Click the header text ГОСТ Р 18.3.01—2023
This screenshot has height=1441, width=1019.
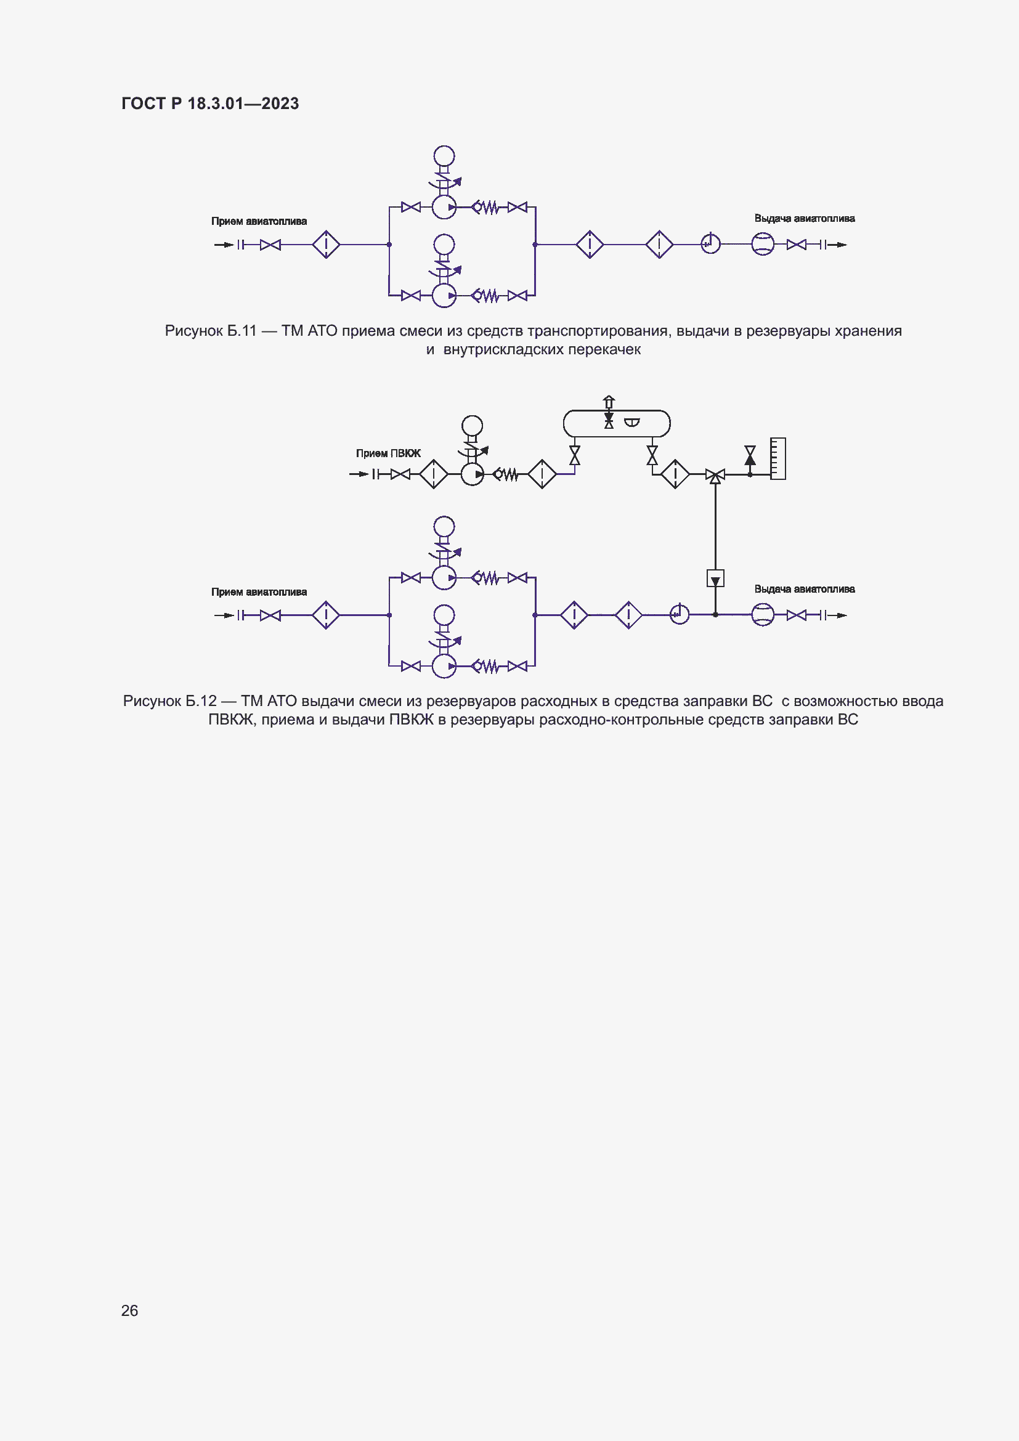(x=210, y=104)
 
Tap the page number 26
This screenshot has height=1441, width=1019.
(x=129, y=1310)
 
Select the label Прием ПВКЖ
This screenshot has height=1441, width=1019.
(x=388, y=453)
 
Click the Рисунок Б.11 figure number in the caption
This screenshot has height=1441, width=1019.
(x=211, y=331)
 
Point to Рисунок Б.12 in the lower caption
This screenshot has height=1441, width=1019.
(x=169, y=701)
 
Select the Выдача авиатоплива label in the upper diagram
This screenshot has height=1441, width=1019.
(x=804, y=219)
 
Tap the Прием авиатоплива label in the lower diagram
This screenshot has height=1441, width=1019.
(x=259, y=592)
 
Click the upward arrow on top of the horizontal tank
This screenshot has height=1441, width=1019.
(x=609, y=401)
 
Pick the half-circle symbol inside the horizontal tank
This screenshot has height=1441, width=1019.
(x=632, y=423)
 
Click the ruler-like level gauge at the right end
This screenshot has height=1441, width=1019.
(x=777, y=459)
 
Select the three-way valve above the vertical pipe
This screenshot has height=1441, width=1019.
(x=715, y=475)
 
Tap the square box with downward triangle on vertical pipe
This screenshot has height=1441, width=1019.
(x=715, y=578)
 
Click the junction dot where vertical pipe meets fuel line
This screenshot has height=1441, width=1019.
(x=715, y=615)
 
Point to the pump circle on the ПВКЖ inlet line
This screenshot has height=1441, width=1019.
(x=472, y=474)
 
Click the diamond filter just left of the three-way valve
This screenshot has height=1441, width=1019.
(x=675, y=474)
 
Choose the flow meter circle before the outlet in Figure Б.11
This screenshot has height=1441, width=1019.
(x=762, y=244)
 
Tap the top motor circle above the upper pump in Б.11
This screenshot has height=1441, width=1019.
(x=444, y=156)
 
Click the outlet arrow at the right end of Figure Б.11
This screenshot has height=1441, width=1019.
(x=840, y=245)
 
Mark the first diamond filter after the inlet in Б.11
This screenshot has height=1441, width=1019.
(x=327, y=244)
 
